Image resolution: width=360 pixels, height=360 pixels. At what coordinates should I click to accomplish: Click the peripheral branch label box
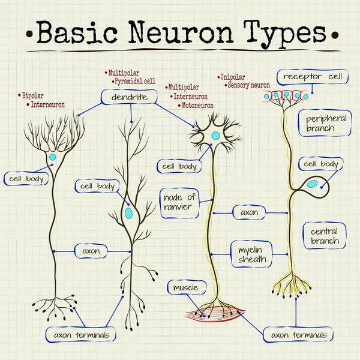coord(326,123)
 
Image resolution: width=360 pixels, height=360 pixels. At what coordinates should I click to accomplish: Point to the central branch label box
coord(325,236)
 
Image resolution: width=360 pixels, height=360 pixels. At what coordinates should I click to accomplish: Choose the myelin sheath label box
coord(251,254)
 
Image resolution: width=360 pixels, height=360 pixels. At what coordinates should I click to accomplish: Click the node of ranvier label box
coord(178,202)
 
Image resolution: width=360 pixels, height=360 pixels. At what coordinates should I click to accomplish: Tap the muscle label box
coord(185,289)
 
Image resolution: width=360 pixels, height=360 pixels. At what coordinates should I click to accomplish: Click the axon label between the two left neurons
coord(91,251)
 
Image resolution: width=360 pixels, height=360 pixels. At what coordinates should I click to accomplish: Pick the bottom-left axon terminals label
coord(82,335)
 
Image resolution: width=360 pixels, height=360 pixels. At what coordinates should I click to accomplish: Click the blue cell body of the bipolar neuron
coord(53,157)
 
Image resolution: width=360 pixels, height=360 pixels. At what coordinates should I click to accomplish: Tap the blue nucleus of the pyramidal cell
coord(128,212)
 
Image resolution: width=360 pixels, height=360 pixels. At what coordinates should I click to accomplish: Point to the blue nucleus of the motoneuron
coord(215,136)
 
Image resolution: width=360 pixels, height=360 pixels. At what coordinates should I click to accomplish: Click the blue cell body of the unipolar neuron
coord(311,185)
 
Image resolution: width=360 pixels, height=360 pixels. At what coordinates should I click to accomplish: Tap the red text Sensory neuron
coord(249,86)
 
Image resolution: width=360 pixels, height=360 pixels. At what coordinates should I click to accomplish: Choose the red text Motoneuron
coord(196,105)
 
